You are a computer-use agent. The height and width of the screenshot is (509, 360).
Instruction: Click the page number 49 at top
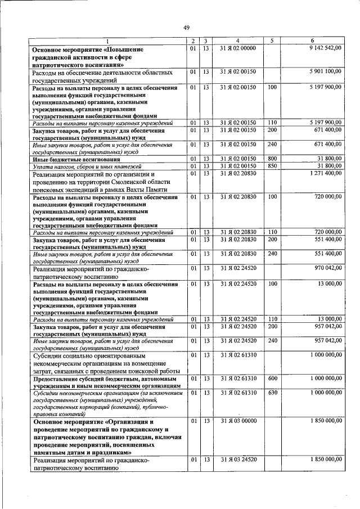(x=186, y=27)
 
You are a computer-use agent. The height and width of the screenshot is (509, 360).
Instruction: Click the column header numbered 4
(x=238, y=40)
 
